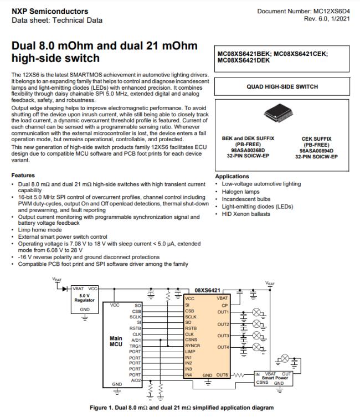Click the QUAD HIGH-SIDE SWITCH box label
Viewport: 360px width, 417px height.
(x=282, y=87)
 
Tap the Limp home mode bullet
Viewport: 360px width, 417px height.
(x=40, y=229)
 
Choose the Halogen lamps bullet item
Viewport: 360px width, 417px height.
(x=241, y=192)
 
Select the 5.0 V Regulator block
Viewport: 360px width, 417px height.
(x=85, y=298)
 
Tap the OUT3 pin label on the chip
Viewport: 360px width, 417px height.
(x=223, y=336)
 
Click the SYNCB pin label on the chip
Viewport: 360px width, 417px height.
(x=193, y=346)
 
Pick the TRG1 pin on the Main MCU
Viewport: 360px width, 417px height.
(x=135, y=346)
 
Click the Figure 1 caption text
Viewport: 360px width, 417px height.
(x=179, y=408)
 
